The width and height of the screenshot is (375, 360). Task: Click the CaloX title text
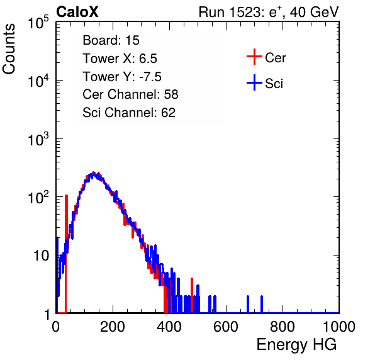[x=77, y=12]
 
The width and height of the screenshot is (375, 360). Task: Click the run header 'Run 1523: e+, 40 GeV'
[x=269, y=12]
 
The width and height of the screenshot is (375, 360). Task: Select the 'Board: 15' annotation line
[x=111, y=40]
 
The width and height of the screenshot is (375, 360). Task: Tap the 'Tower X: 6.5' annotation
[x=120, y=58]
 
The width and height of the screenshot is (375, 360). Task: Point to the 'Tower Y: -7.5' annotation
[x=122, y=76]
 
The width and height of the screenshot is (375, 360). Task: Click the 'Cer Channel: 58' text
[x=130, y=94]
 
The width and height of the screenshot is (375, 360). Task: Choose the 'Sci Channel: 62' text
[x=129, y=113]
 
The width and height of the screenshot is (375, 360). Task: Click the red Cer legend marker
[x=254, y=57]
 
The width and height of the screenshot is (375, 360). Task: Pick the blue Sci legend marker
[x=254, y=82]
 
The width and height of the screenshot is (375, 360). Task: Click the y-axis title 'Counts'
[x=9, y=49]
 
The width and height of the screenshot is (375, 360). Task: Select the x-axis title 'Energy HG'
[x=296, y=344]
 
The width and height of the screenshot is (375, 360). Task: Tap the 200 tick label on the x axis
[x=113, y=327]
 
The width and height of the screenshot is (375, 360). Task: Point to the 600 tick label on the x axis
[x=226, y=327]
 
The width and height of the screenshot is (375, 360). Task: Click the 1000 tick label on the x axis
[x=339, y=327]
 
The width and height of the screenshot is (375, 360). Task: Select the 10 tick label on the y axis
[x=41, y=256]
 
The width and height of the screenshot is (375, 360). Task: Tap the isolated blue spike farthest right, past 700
[x=262, y=304]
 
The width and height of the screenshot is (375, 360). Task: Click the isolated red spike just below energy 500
[x=192, y=295]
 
